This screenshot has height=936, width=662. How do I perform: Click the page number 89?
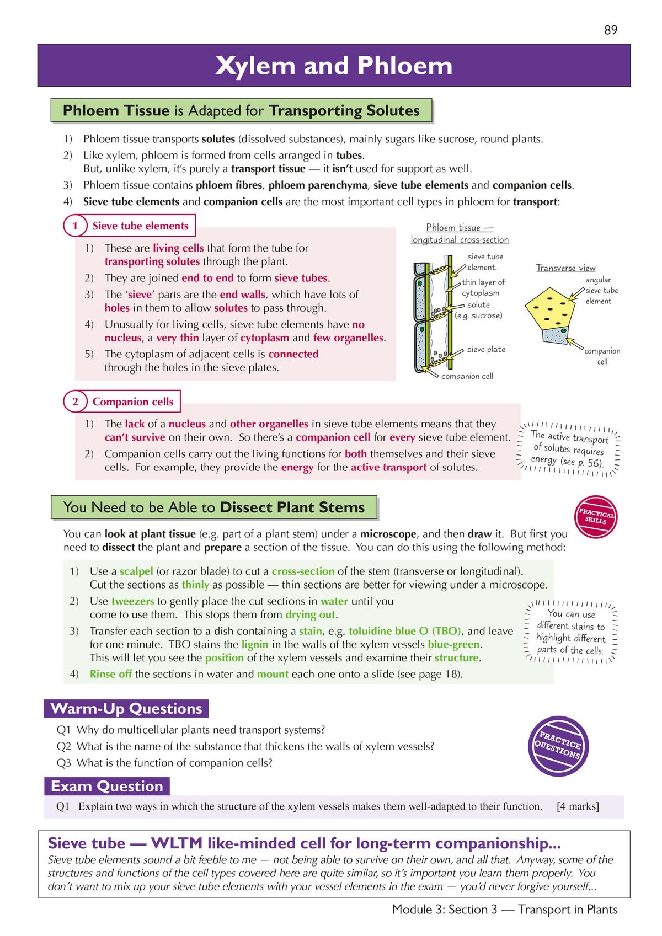[x=611, y=30]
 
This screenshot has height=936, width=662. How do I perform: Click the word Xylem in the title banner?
[x=255, y=66]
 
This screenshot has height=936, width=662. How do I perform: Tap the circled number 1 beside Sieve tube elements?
[x=75, y=226]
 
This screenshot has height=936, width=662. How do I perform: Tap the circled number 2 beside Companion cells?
[x=75, y=402]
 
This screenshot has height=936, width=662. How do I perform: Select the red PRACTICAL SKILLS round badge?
[x=596, y=517]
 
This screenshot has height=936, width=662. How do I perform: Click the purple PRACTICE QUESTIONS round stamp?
[x=558, y=746]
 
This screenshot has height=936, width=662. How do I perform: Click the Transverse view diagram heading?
[x=565, y=268]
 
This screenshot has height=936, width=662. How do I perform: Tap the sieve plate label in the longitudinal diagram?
[x=486, y=349]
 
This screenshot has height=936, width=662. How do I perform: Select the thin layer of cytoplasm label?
[x=483, y=287]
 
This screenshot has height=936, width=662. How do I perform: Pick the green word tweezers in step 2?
[x=132, y=601]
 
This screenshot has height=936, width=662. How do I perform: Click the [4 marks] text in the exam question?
[x=578, y=806]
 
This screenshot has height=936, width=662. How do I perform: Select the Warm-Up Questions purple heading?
[x=126, y=708]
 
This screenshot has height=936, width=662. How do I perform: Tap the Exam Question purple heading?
[x=107, y=786]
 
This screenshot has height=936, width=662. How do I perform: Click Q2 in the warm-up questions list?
[x=64, y=746]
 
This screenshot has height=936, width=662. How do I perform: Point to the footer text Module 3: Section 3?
[x=444, y=910]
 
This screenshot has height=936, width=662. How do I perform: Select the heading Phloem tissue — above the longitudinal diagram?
[x=459, y=227]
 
